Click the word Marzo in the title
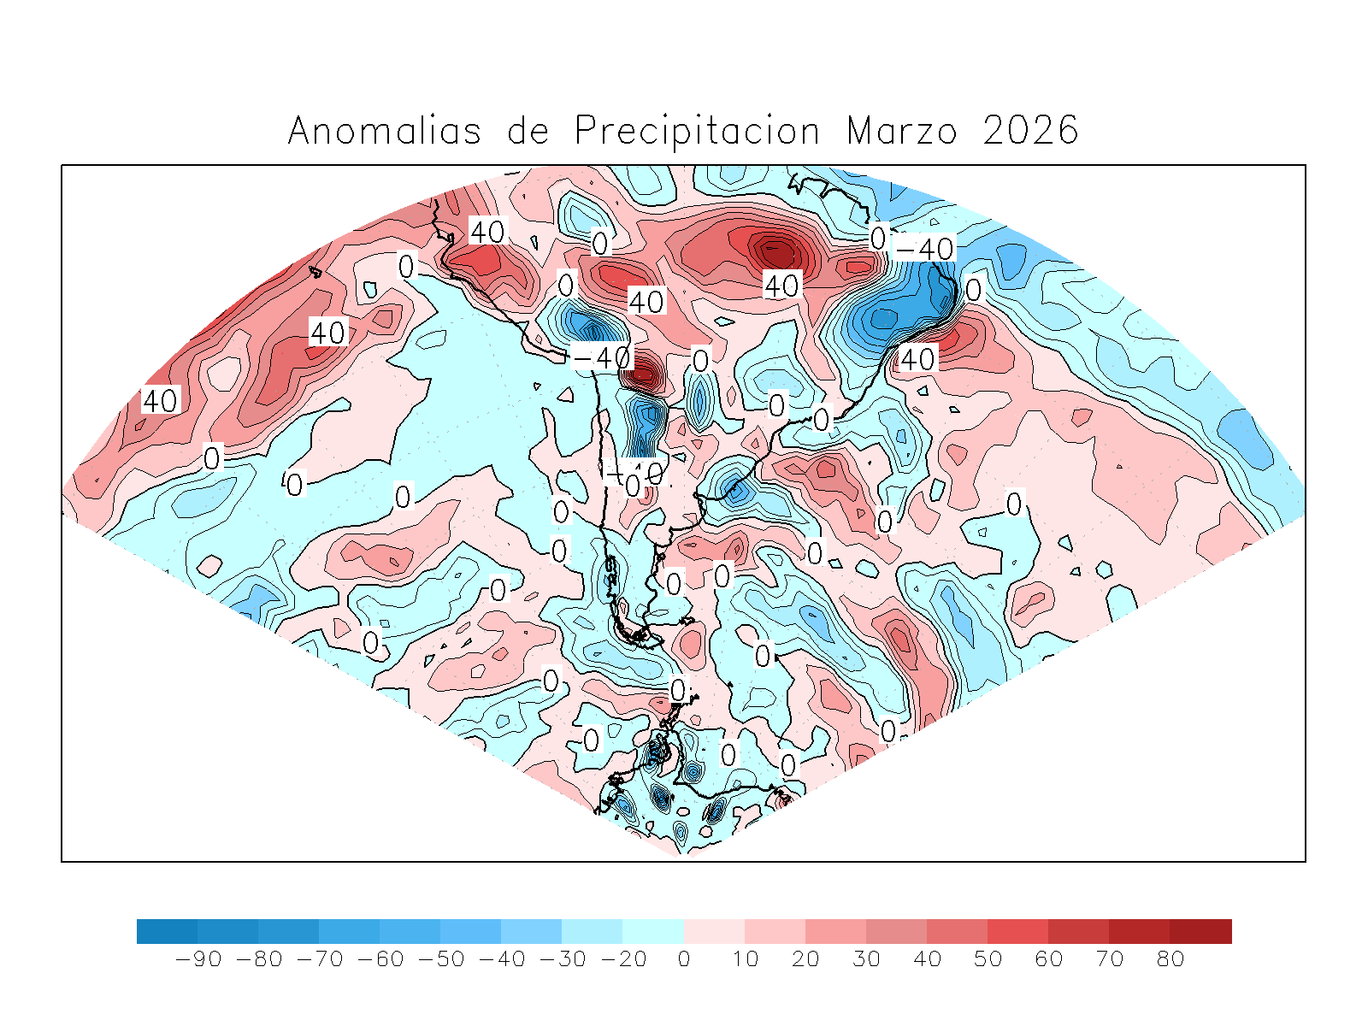point(902,131)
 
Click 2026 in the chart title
point(1030,131)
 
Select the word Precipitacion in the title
point(696,131)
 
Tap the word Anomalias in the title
point(384,131)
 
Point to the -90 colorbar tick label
point(198,959)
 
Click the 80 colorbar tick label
point(1170,959)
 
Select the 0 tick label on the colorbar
point(683,959)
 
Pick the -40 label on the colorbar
point(501,959)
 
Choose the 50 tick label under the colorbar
point(988,959)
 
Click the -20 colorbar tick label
point(623,959)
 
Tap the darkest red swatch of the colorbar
point(1200,931)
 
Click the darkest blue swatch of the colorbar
point(167,931)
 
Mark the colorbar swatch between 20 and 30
point(835,931)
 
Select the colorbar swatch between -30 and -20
point(592,931)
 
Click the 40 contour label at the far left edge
point(160,400)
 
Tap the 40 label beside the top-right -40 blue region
point(917,359)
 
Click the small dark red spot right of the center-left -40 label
point(643,373)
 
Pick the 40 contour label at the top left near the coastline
point(487,231)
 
